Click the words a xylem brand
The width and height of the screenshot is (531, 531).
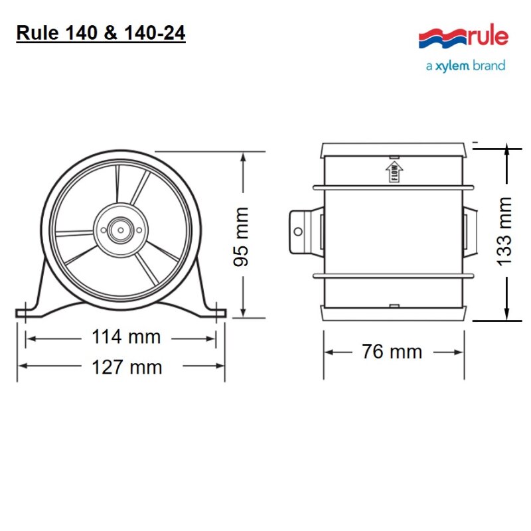coord(465,66)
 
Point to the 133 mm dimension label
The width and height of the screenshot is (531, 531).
coord(505,230)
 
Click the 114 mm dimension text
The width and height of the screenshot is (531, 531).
coord(125,337)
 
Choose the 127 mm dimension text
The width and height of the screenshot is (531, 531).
coord(126,367)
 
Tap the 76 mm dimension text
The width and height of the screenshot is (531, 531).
coord(392,351)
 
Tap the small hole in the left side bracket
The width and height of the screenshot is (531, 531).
coord(298,231)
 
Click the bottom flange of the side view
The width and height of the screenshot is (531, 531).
coord(394,313)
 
